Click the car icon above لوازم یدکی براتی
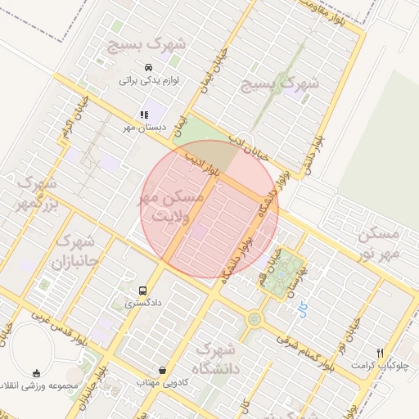coord(147,68)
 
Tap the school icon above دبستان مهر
coord(144,115)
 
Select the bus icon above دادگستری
coord(144,291)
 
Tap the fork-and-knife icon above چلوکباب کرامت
coord(379,353)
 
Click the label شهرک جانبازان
coord(74,253)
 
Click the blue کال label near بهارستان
coord(304,309)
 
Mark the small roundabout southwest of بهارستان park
coord(255,318)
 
